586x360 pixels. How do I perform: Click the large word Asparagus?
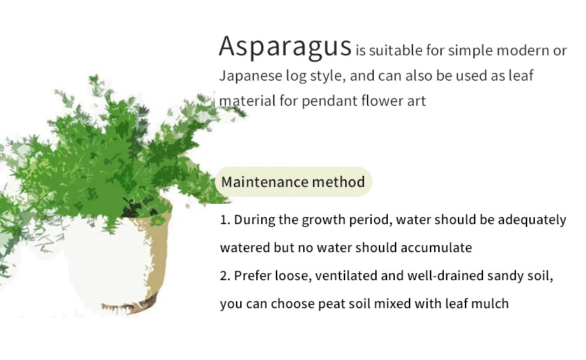click(285, 46)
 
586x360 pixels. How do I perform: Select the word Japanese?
click(251, 76)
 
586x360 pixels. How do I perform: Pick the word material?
click(247, 101)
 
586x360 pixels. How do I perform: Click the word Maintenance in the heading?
click(265, 182)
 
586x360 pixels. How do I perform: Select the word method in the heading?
click(338, 182)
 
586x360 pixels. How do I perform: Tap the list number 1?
click(225, 220)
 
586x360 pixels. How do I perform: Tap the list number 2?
click(225, 276)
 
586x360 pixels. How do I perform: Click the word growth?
click(323, 220)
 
